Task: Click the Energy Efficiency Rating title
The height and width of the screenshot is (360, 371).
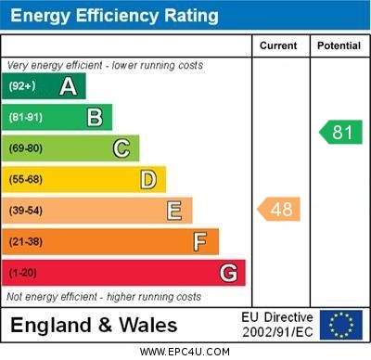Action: (x=114, y=16)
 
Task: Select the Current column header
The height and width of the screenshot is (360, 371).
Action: (x=278, y=45)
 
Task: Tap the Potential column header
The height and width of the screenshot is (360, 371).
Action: (x=339, y=45)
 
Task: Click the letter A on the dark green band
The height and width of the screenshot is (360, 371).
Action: (x=68, y=86)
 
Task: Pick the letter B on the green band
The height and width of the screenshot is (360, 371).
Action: (x=94, y=117)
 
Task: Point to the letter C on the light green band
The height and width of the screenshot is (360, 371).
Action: (x=121, y=148)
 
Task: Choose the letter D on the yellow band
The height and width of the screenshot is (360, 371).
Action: (x=148, y=179)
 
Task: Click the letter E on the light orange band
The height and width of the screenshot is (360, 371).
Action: (x=174, y=211)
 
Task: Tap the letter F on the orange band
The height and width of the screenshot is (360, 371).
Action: (x=200, y=241)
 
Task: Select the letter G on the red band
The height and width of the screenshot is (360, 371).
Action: (x=228, y=273)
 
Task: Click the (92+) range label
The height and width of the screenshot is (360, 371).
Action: (x=22, y=86)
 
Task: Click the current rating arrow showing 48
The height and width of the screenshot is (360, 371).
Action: (x=279, y=210)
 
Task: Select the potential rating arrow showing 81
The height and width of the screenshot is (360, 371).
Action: (x=339, y=132)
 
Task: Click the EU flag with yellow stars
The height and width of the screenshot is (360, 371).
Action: (x=340, y=325)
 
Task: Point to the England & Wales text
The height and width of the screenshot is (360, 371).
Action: (x=94, y=326)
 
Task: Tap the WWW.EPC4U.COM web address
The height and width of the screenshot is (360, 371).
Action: (x=185, y=353)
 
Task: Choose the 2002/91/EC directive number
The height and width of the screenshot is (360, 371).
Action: (x=277, y=331)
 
